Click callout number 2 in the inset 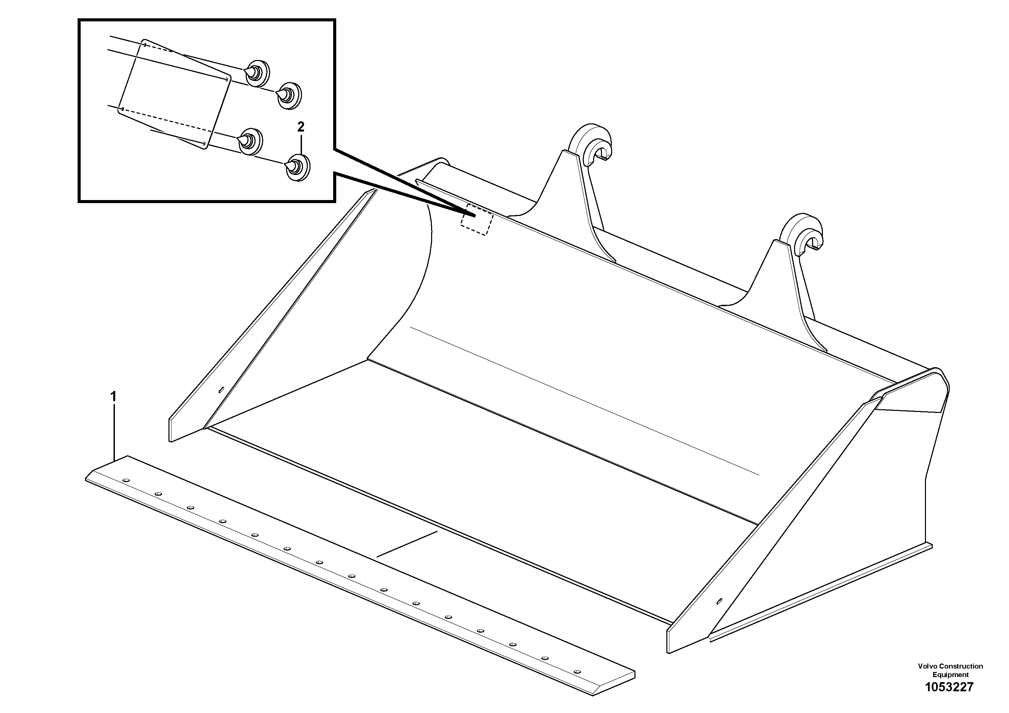301,127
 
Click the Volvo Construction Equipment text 950,670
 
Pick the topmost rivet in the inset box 257,73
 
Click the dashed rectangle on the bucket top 477,219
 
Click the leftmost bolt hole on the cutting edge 126,480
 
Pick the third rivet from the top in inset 250,141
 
